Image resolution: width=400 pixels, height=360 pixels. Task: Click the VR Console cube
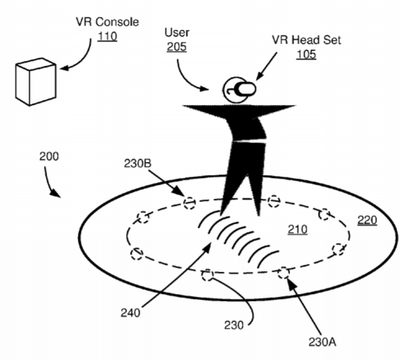coord(35,82)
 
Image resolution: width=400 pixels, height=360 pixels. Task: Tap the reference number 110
coord(107,36)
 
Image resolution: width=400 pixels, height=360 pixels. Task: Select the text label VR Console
coord(107,22)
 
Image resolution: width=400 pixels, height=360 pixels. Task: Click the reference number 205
coord(177,47)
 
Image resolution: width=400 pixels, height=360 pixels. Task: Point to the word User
coord(177,33)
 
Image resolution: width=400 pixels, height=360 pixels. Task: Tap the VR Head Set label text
coord(306,40)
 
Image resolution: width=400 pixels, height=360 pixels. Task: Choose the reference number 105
coord(306,54)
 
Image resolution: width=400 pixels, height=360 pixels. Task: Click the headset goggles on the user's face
coord(245,89)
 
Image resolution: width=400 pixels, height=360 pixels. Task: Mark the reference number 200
coord(49,156)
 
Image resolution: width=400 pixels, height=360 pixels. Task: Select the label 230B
coord(138,163)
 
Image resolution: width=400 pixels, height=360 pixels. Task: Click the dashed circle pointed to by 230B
coord(189,203)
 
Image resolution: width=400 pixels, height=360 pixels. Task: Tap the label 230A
coord(322,342)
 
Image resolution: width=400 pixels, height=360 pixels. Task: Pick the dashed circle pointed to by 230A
coord(283,273)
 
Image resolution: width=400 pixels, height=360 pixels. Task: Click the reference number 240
coord(130,313)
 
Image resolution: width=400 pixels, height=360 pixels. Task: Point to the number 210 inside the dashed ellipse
coord(298,229)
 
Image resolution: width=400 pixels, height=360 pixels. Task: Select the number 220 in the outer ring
coord(367,220)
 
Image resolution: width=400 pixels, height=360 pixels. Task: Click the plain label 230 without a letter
coord(234,325)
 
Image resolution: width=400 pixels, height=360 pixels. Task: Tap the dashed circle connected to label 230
coord(207,275)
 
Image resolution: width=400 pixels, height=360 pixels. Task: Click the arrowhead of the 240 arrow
coord(207,247)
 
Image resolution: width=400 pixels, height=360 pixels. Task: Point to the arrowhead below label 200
coord(56,193)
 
